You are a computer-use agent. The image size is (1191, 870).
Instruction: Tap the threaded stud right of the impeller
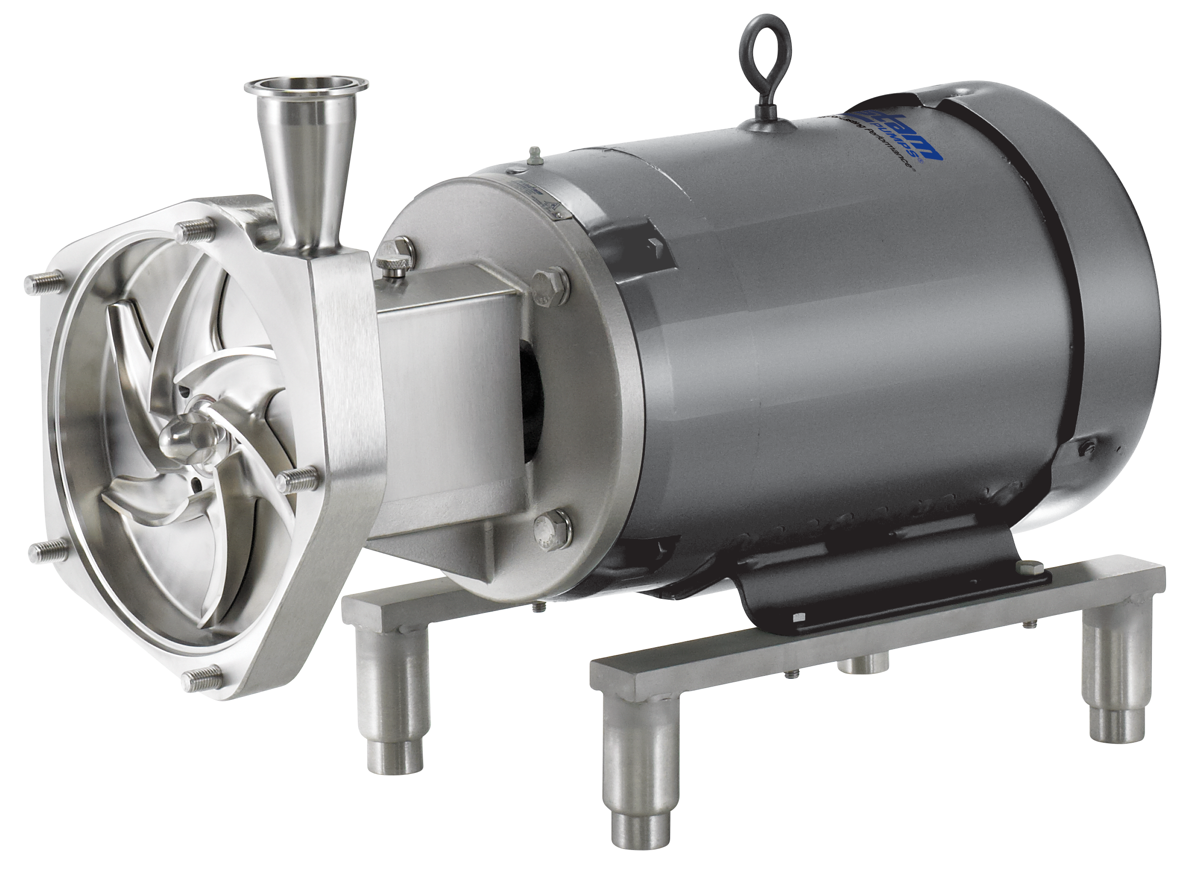[298, 477]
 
